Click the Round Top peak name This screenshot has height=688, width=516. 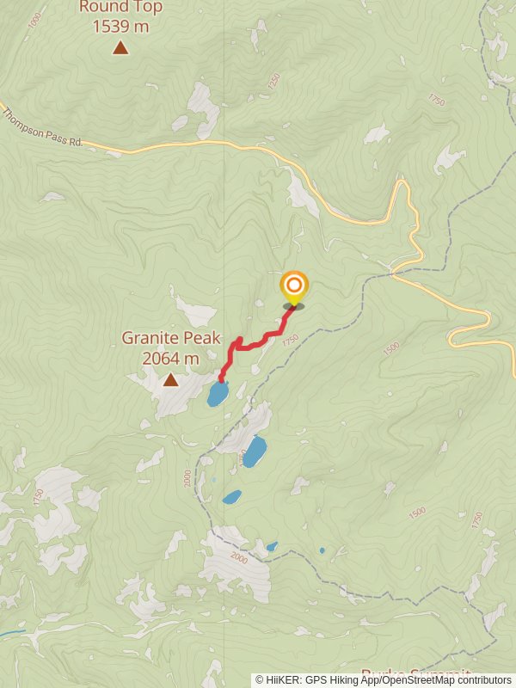[x=120, y=7]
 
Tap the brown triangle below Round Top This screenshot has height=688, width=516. [x=120, y=47]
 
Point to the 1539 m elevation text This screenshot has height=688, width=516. [x=120, y=26]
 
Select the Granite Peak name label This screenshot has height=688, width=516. [x=171, y=338]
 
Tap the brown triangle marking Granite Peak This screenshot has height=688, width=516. [x=171, y=379]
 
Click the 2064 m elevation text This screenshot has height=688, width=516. [x=171, y=358]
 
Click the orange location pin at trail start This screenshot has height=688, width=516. [x=294, y=287]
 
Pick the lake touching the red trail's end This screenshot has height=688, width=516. [x=217, y=394]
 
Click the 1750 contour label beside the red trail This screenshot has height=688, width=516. [x=290, y=341]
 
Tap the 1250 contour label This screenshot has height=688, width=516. [x=273, y=82]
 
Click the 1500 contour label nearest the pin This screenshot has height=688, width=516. [x=392, y=348]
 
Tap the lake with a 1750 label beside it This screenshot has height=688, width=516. [x=255, y=451]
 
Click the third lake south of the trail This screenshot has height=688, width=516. [x=231, y=497]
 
